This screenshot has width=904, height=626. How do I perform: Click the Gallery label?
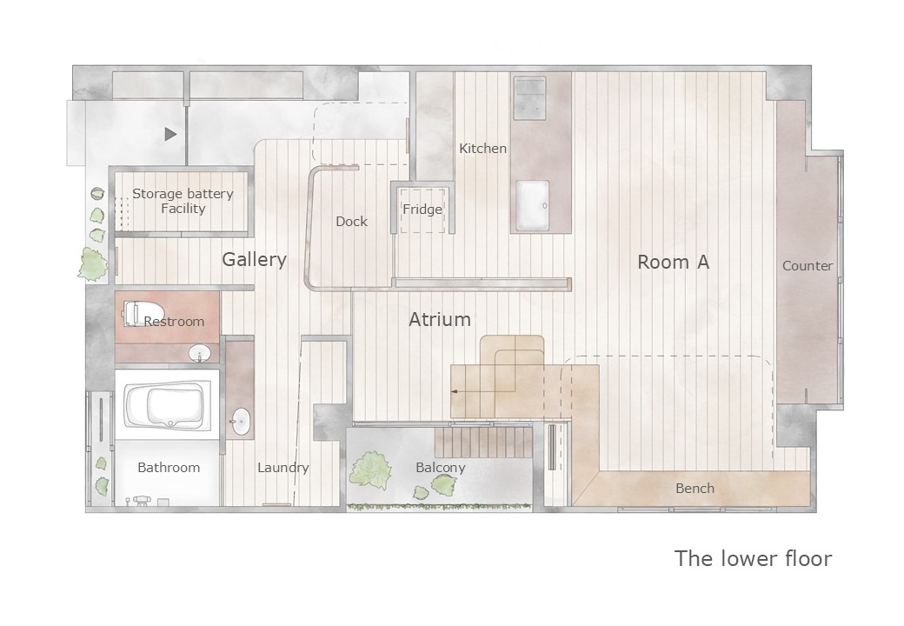pyautogui.click(x=254, y=260)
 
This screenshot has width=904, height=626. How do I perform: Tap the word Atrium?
pyautogui.click(x=440, y=319)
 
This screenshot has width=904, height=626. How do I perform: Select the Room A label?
pyautogui.click(x=673, y=263)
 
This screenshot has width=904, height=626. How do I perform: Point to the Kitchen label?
pyautogui.click(x=482, y=148)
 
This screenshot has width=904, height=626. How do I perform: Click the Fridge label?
pyautogui.click(x=422, y=210)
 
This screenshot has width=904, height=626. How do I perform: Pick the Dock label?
pyautogui.click(x=352, y=222)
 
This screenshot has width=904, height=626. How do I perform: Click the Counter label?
pyautogui.click(x=808, y=266)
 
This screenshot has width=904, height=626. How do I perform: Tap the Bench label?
pyautogui.click(x=695, y=489)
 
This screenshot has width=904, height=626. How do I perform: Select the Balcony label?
pyautogui.click(x=441, y=468)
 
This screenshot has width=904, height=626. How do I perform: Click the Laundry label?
pyautogui.click(x=283, y=468)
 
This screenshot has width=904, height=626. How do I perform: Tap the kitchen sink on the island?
pyautogui.click(x=532, y=205)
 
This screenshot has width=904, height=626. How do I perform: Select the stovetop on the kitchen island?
pyautogui.click(x=529, y=98)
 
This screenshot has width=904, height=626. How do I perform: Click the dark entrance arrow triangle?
pyautogui.click(x=170, y=134)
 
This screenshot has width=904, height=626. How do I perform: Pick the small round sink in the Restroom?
pyautogui.click(x=200, y=353)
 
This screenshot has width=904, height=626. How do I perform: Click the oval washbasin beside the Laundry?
pyautogui.click(x=240, y=422)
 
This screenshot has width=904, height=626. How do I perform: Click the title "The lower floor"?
pyautogui.click(x=753, y=558)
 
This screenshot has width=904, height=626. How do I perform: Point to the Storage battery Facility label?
pyautogui.click(x=183, y=201)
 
